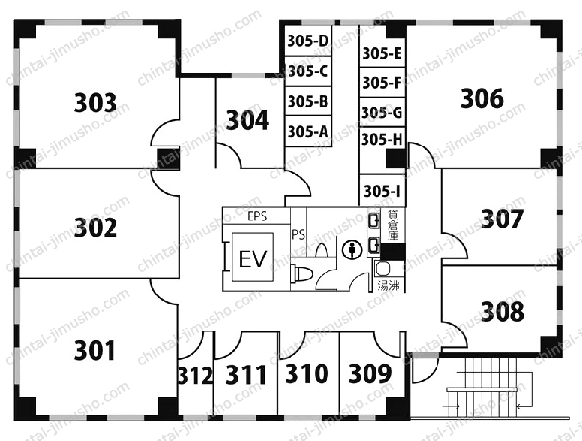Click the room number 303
click(95, 103)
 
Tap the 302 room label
click(95, 228)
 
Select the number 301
click(94, 350)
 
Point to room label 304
click(247, 120)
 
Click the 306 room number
click(482, 98)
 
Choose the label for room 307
click(502, 219)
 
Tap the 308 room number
click(502, 311)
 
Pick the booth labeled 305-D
click(308, 41)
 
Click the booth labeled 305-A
click(308, 131)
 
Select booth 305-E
click(382, 54)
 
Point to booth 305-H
click(382, 140)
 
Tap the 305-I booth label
click(382, 191)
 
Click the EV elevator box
click(253, 257)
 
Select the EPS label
click(257, 216)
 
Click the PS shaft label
click(298, 234)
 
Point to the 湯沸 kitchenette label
click(388, 286)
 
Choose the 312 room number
click(196, 376)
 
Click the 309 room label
click(370, 373)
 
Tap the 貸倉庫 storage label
click(393, 225)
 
